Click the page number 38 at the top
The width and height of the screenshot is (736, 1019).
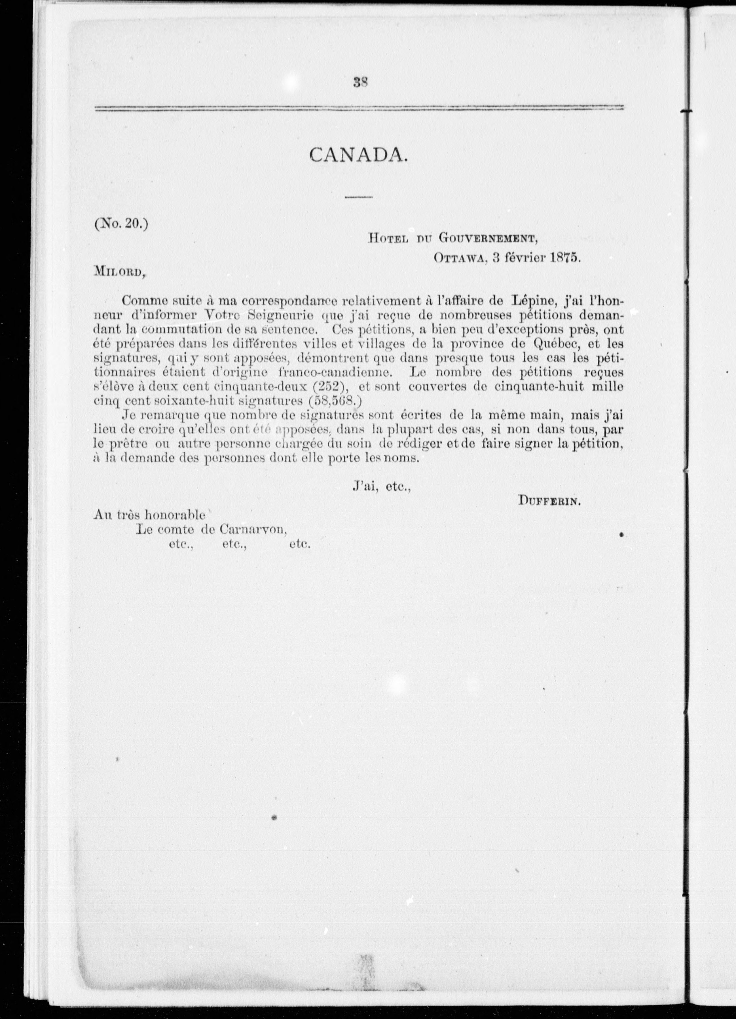click(x=361, y=83)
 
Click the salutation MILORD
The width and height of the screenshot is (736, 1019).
click(x=119, y=271)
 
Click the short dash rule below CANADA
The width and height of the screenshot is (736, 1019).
click(x=359, y=197)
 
